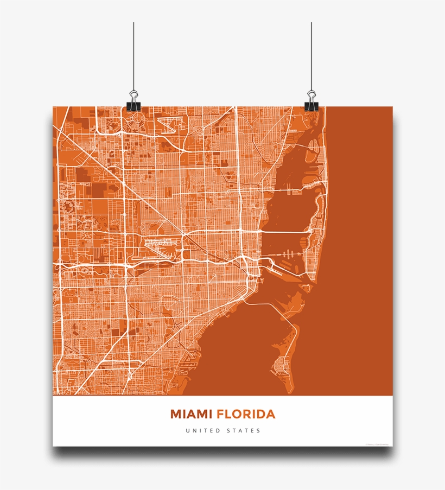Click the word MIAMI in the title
(x=192, y=415)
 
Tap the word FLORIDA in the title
(x=246, y=415)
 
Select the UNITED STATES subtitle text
(x=223, y=431)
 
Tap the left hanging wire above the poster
(x=133, y=54)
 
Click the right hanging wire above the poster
(x=311, y=54)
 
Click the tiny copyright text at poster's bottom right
(x=377, y=443)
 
